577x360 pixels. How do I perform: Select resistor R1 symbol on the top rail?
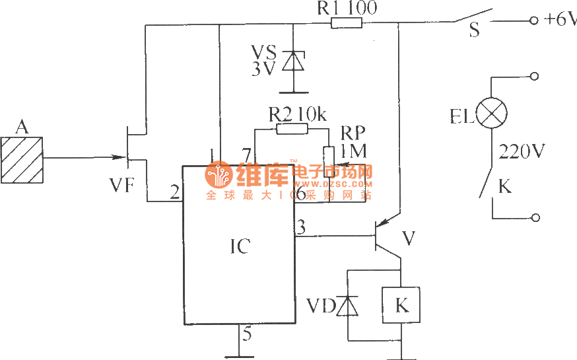(x=346, y=24)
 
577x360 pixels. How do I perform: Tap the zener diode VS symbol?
(x=292, y=61)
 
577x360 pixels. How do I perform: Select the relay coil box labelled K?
(x=401, y=306)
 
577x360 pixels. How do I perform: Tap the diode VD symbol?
(x=349, y=306)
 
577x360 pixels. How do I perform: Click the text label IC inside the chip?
(x=240, y=246)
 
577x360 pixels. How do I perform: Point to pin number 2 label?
(x=174, y=194)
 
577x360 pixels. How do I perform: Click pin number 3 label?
(x=302, y=227)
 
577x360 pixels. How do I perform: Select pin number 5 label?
(x=246, y=334)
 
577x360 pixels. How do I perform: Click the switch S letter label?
(x=473, y=30)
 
